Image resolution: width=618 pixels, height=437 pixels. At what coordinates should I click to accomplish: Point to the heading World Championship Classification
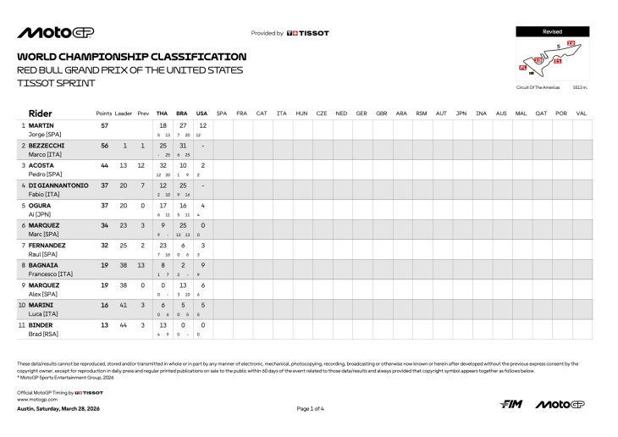[x=131, y=57]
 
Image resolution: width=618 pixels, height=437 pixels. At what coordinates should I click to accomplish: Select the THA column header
[x=163, y=113]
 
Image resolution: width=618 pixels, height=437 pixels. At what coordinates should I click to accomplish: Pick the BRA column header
[x=182, y=113]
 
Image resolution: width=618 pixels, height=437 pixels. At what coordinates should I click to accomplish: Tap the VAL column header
[x=581, y=113]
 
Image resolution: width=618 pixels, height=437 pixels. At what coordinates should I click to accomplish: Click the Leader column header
[x=124, y=113]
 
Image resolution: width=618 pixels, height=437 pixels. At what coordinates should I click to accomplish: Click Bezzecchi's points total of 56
[x=105, y=146]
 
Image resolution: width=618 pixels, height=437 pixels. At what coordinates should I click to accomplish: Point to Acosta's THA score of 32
[x=163, y=165]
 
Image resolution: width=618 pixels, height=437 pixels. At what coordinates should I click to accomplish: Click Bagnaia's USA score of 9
[x=201, y=264]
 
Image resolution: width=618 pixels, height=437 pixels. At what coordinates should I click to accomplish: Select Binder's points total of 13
[x=105, y=324]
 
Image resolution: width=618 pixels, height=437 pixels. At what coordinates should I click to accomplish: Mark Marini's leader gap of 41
[x=124, y=304]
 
